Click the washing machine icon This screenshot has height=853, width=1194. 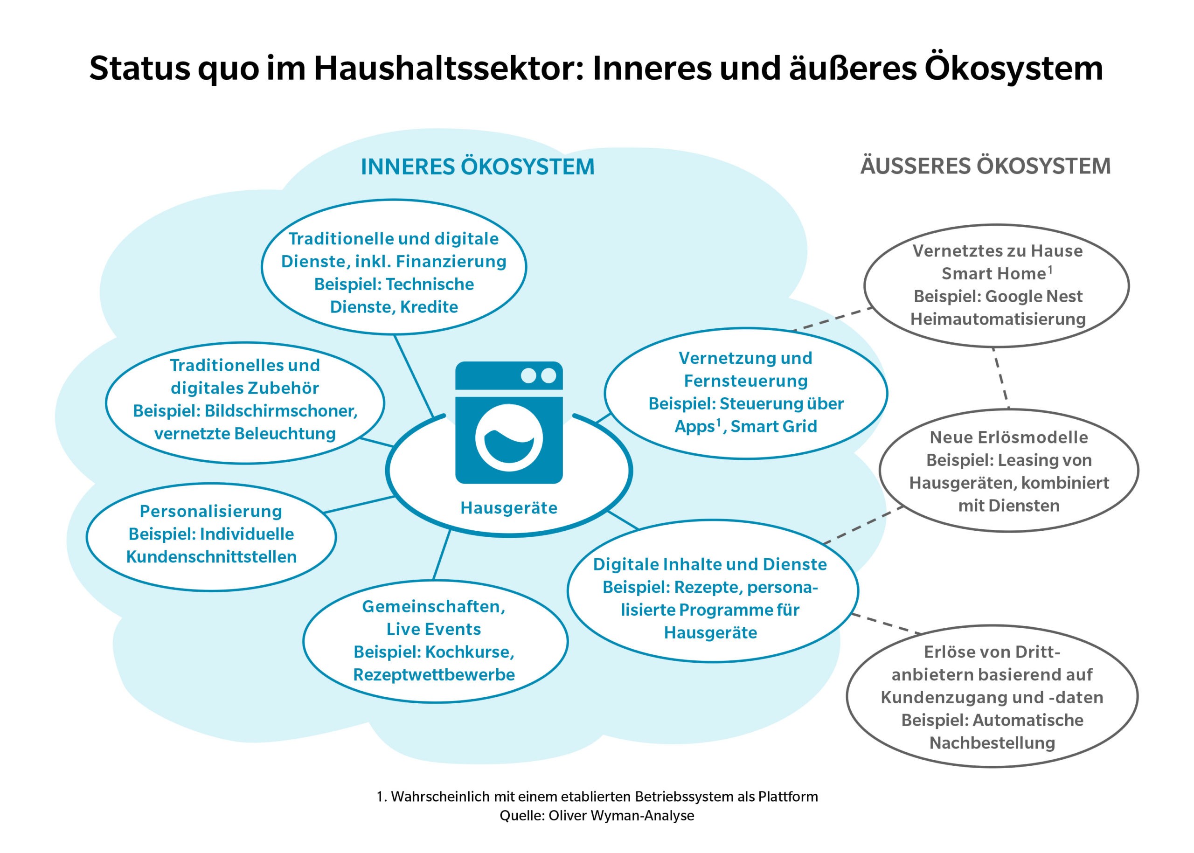508,422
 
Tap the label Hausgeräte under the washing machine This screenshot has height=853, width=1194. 508,508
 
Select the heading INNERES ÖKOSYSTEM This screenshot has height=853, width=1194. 478,166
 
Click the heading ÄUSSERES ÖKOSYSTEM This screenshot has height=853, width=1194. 986,166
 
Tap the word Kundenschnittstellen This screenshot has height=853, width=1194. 211,557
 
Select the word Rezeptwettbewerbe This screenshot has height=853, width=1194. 434,674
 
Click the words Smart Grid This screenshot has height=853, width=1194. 774,426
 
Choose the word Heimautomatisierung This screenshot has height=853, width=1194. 998,319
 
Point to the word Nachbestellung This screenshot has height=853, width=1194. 993,742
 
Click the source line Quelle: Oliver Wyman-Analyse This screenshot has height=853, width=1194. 597,815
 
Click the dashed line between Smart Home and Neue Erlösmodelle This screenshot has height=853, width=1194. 1001,378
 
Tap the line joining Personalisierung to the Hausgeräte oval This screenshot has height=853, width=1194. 359,504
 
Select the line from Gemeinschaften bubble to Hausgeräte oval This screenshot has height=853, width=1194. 442,555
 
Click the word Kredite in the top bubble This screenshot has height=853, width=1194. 429,307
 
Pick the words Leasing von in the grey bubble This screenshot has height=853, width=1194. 1045,460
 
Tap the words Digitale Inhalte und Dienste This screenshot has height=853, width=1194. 710,564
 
